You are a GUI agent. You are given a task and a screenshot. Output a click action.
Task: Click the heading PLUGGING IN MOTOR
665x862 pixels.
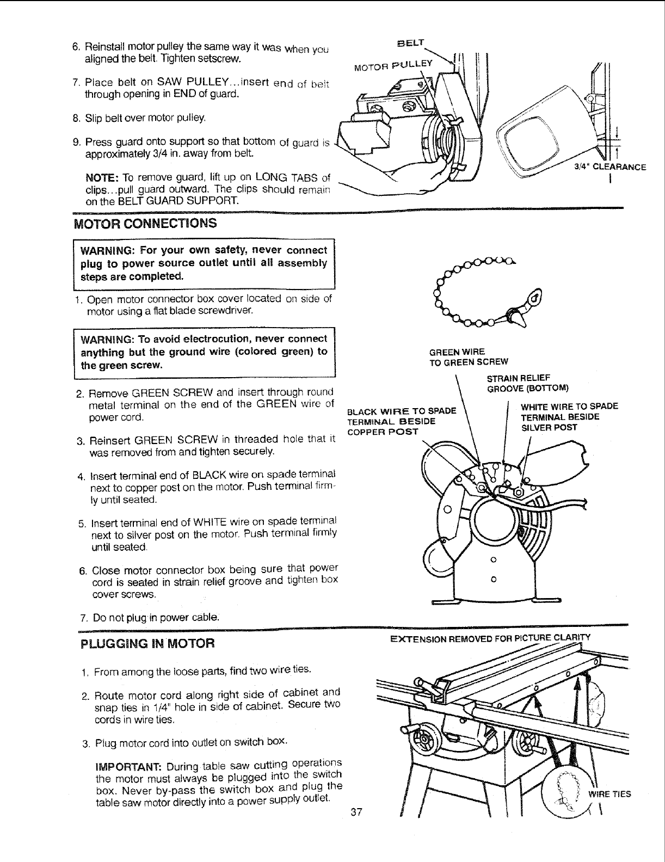point(147,644)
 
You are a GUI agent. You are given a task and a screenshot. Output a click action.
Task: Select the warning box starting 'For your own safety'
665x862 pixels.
point(204,263)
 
